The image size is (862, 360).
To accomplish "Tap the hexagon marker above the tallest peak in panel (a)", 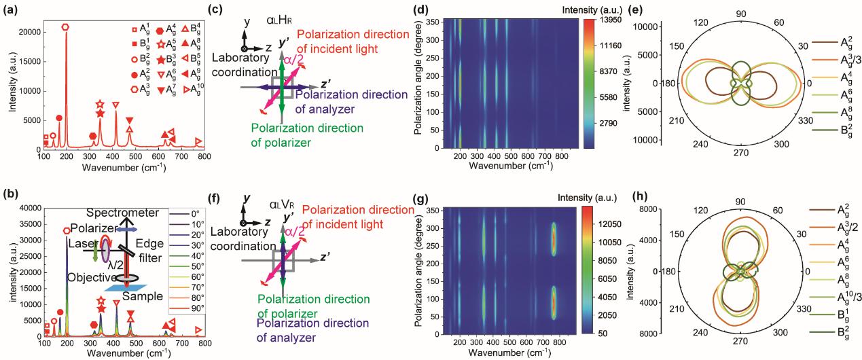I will pyautogui.click(x=65, y=26).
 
